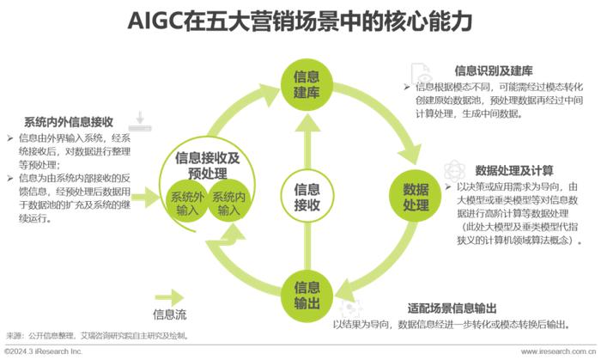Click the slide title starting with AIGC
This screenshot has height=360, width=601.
click(x=300, y=21)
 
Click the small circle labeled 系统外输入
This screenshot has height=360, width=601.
click(x=187, y=203)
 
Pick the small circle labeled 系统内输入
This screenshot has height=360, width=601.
click(x=228, y=203)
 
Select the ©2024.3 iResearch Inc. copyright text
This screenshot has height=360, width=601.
click(x=43, y=352)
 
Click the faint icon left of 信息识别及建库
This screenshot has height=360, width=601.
click(x=422, y=73)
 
